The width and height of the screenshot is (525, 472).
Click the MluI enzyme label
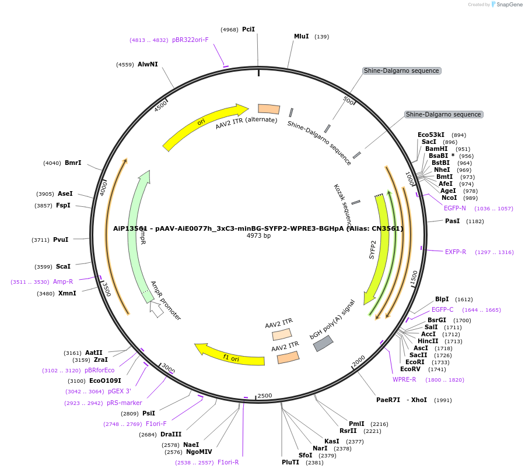[301, 36]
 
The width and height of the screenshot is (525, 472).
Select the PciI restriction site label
[249, 29]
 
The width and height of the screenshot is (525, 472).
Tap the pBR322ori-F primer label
[190, 40]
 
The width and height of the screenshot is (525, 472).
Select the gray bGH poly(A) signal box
[323, 344]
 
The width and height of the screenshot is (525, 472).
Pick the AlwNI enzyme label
[148, 64]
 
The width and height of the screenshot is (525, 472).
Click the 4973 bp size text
[258, 236]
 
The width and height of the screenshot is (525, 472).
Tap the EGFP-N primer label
[455, 208]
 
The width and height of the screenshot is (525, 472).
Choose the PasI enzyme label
[453, 221]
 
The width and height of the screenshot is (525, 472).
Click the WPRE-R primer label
[404, 379]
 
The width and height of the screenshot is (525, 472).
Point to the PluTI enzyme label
[290, 462]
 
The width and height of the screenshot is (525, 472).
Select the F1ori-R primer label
[228, 462]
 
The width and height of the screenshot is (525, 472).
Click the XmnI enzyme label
[67, 293]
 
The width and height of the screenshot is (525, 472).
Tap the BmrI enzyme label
[73, 163]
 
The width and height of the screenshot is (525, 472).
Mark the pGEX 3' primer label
[119, 392]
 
